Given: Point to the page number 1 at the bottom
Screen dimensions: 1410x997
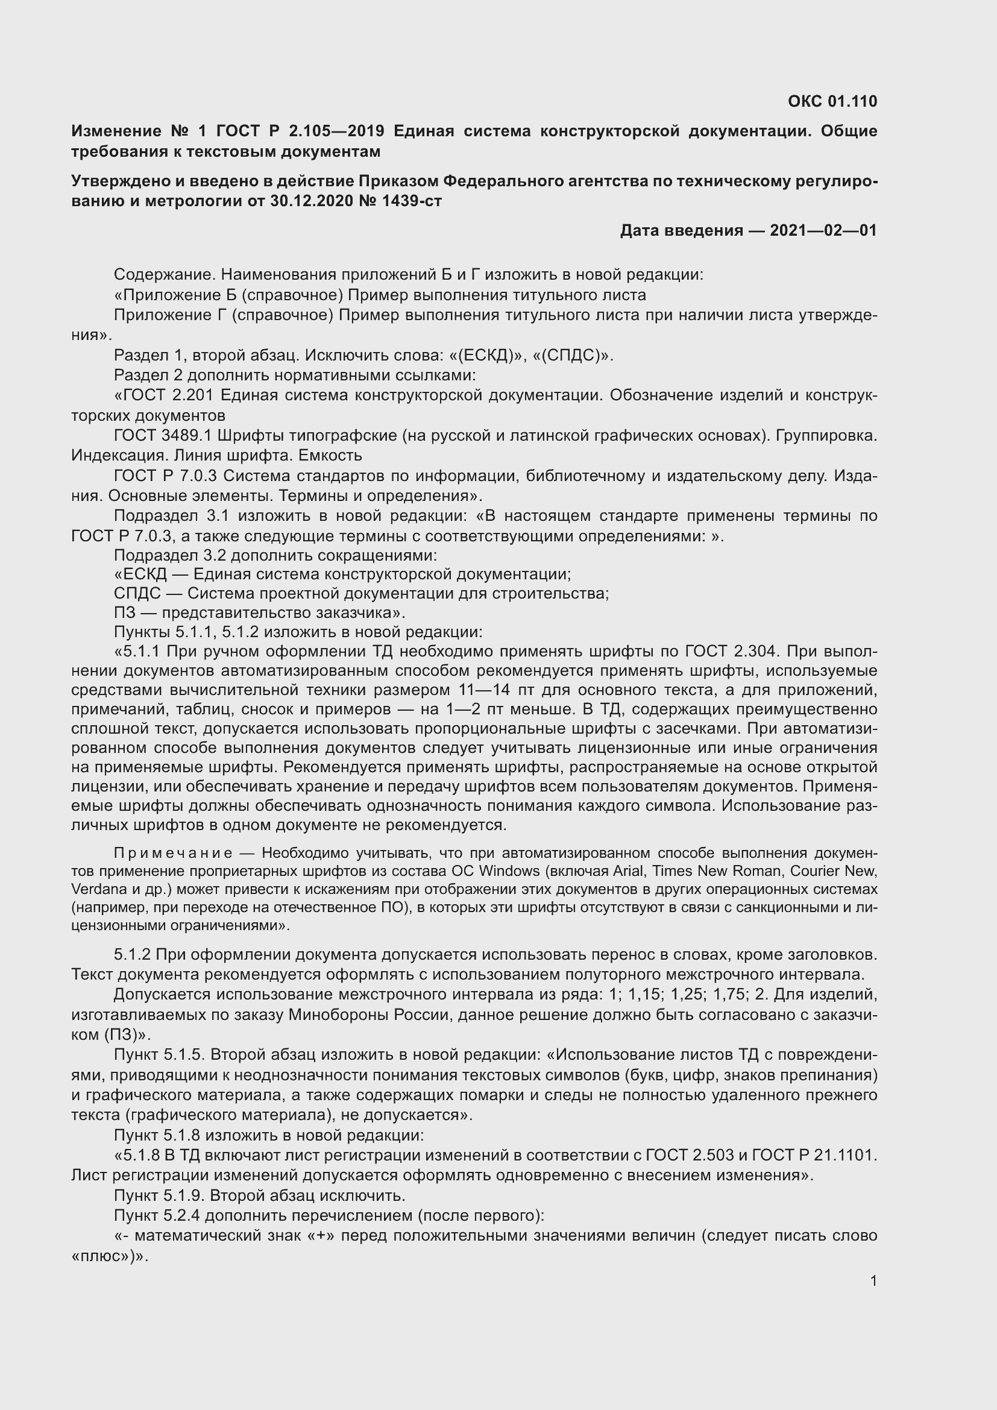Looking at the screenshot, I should (x=873, y=1280).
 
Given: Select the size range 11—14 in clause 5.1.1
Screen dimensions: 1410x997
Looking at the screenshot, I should (x=484, y=690).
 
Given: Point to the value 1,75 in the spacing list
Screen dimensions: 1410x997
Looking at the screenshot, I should (x=731, y=994).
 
